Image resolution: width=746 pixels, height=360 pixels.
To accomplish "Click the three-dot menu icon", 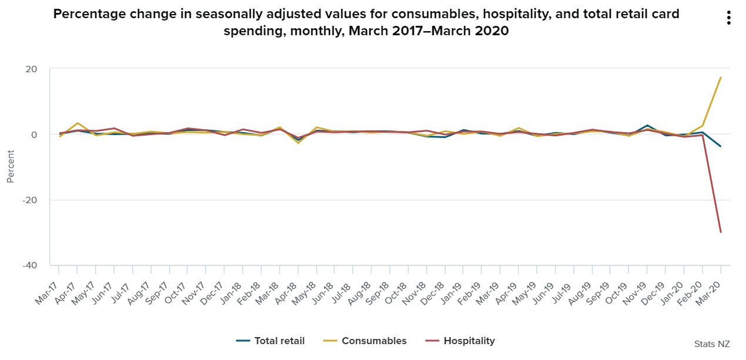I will point(728,18).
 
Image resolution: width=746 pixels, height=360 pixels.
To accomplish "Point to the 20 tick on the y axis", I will point(31,69).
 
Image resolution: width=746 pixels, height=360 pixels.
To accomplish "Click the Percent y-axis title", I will point(11,167).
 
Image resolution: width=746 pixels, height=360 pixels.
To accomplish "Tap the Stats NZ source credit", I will point(713,344).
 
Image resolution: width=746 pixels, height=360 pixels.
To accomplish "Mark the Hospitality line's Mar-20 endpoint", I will point(721,233).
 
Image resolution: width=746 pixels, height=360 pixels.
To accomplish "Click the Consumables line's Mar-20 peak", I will point(721,78).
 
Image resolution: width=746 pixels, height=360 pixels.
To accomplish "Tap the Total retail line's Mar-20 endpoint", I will point(721,146).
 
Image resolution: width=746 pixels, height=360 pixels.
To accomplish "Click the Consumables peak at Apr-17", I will point(78,123).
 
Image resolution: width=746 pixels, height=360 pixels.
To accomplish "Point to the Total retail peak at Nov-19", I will point(647,125).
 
